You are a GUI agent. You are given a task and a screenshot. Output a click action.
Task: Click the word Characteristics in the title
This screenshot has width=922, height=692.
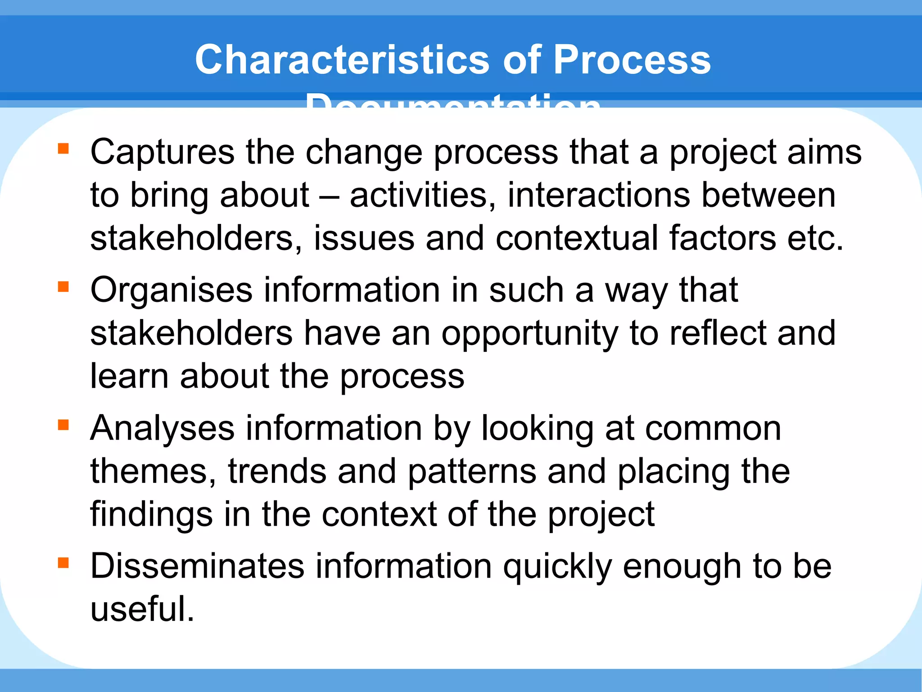(x=342, y=60)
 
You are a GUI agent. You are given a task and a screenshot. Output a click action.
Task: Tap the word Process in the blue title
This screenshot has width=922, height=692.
(x=632, y=60)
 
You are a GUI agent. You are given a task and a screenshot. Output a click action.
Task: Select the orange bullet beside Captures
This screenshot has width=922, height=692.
(x=63, y=148)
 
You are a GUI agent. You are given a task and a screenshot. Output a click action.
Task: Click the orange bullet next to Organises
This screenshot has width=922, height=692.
(x=63, y=287)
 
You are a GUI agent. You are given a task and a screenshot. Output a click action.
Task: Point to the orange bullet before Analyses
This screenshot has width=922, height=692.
(x=63, y=425)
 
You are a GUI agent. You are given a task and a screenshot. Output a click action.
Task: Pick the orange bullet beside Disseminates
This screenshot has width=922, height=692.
(x=63, y=563)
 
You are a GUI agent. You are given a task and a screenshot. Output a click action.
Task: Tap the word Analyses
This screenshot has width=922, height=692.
(x=162, y=429)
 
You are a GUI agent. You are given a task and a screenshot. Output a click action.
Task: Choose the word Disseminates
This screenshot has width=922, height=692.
(x=197, y=566)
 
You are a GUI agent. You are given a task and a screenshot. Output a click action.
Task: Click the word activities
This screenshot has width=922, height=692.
(x=423, y=196)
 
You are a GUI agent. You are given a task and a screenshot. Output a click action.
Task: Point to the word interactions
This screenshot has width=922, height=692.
(x=599, y=196)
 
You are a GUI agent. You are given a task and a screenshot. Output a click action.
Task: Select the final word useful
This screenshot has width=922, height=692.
(x=142, y=610)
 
